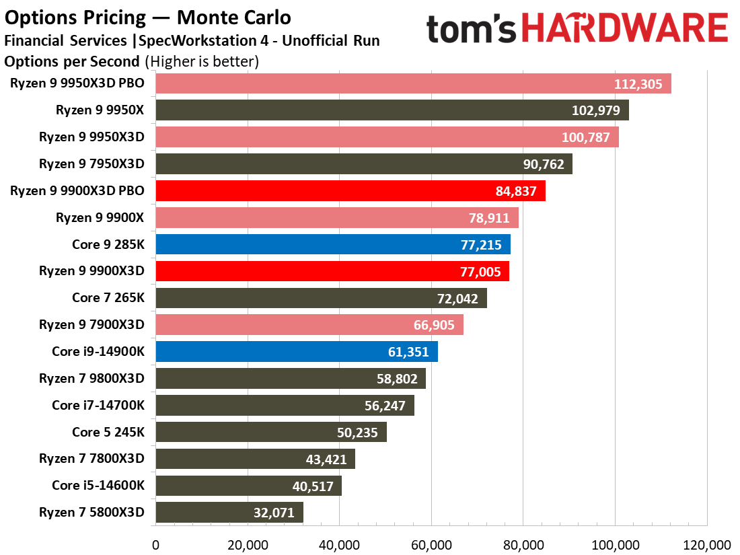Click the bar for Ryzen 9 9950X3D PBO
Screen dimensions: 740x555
point(414,83)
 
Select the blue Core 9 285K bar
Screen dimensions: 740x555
point(333,244)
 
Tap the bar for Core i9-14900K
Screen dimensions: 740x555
point(297,352)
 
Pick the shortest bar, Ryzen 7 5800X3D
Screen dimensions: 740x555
point(229,513)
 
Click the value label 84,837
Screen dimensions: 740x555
point(516,191)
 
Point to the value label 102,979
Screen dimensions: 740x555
point(595,110)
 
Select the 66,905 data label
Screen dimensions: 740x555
point(434,325)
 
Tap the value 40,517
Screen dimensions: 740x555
point(313,486)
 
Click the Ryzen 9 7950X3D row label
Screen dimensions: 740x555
point(91,163)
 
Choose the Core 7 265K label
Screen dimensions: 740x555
point(108,298)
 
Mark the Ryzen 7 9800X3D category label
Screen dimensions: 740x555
point(91,379)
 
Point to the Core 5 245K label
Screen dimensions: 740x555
point(108,433)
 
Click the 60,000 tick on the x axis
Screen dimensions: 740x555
point(431,546)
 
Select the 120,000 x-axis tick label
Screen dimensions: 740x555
point(707,546)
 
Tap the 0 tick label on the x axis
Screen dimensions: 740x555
point(156,546)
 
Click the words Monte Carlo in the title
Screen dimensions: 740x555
point(233,17)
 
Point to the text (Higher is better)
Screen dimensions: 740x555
point(202,61)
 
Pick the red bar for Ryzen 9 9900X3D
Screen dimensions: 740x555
point(333,271)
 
